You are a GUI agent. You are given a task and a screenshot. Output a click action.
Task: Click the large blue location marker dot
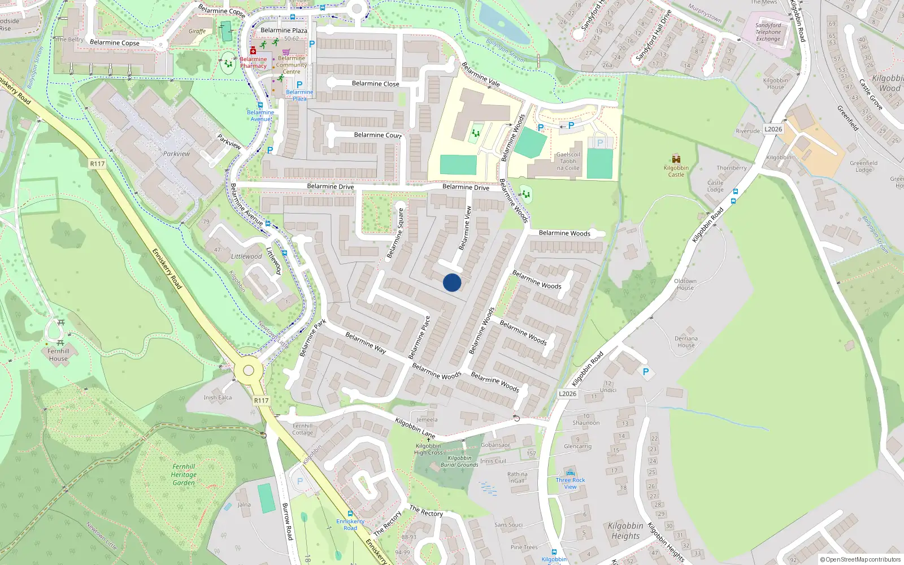452,282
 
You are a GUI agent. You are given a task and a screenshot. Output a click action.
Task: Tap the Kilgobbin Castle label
676,171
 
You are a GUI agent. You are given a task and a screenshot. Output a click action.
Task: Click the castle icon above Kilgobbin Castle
676,159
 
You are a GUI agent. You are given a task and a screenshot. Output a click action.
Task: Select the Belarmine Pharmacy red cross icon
253,50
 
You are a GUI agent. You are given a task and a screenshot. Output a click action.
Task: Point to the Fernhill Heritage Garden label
184,475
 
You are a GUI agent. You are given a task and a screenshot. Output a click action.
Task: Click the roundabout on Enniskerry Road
249,371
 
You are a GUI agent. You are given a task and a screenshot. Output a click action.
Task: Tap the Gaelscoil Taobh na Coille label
568,161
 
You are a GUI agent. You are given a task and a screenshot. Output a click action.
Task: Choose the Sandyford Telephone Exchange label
768,32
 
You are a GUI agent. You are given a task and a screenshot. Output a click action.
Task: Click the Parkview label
176,154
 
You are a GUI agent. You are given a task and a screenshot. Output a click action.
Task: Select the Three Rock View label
570,483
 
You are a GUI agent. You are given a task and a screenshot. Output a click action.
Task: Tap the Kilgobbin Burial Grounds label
459,462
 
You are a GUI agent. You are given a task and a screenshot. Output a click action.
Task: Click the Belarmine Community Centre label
292,65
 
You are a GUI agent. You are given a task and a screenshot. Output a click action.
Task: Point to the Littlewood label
246,257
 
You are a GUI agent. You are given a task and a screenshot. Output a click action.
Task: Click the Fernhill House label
58,355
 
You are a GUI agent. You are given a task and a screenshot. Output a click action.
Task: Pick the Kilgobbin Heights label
625,531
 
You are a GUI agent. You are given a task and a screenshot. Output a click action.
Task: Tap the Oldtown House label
685,284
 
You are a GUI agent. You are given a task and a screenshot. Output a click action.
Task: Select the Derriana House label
686,342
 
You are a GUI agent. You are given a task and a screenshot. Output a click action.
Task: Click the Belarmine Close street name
375,84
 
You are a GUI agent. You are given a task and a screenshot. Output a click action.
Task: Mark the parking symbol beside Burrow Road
299,481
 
